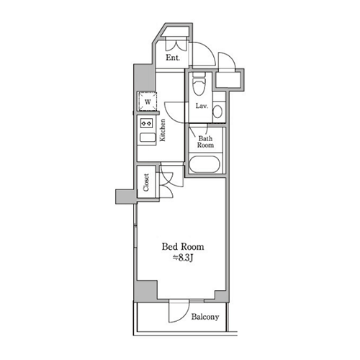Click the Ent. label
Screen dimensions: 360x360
tap(173, 58)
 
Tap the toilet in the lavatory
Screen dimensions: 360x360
tap(199, 84)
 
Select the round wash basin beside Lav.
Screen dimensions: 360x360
tap(217, 112)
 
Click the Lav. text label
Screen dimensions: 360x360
tap(202, 106)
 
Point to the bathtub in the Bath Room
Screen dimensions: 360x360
tap(204, 164)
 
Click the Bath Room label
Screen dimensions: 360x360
tap(205, 142)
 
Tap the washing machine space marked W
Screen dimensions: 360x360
tap(147, 102)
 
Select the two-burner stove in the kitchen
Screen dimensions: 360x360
tap(146, 123)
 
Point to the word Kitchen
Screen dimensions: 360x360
tap(163, 130)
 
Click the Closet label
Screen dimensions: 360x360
tap(146, 182)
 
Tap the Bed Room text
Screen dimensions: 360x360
tap(183, 247)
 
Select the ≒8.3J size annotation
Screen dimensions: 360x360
tap(183, 258)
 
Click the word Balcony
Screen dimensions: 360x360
tap(205, 317)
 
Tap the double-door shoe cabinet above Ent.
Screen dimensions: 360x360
tap(176, 44)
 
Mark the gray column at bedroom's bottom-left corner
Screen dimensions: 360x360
tap(145, 291)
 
